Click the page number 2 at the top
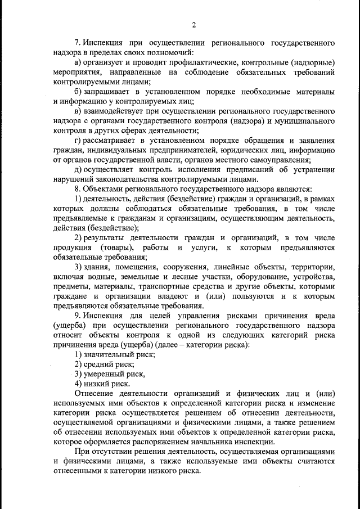pyautogui.click(x=193, y=25)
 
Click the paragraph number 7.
pyautogui.click(x=78, y=43)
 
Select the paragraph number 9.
pyautogui.click(x=78, y=316)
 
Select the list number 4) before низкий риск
pyautogui.click(x=79, y=384)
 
